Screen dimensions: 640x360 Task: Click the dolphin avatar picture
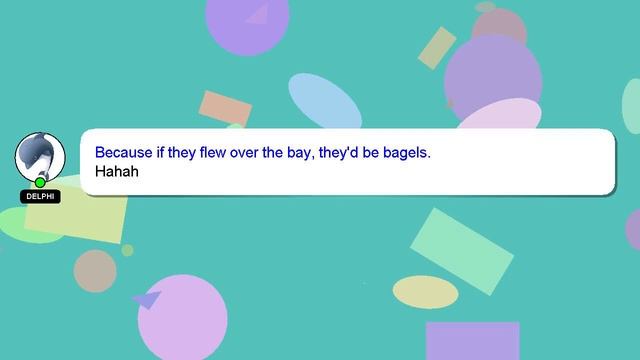[x=40, y=157]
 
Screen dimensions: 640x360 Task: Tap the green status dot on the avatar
[x=40, y=182]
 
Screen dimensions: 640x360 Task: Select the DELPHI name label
[x=40, y=197]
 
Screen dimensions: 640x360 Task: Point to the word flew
[x=213, y=153]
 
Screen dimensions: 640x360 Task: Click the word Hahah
[x=117, y=171]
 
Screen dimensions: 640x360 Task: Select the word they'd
[x=338, y=153]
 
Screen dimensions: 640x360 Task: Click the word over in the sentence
[x=244, y=153]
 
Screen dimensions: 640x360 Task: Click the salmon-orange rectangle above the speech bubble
[x=225, y=108]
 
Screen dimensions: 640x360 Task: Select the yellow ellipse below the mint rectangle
[x=425, y=292]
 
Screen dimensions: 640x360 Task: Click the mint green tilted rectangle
[x=462, y=251]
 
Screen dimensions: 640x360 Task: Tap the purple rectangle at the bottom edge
[x=473, y=341]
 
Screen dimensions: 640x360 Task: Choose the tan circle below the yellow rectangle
[x=95, y=271]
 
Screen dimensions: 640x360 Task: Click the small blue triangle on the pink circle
[x=147, y=299]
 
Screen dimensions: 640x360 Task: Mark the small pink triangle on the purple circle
[x=257, y=15]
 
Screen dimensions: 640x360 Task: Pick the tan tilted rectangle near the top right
[x=437, y=48]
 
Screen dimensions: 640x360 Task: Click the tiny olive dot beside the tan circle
[x=127, y=250]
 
